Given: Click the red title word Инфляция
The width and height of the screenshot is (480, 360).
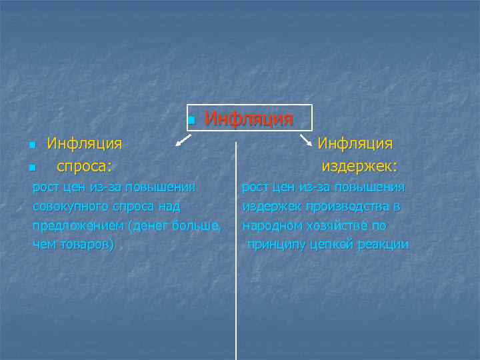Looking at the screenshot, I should (x=249, y=119).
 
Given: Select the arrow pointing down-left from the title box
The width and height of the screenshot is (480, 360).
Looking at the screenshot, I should (x=181, y=139).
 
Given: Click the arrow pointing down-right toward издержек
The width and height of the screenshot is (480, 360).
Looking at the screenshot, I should (x=306, y=140).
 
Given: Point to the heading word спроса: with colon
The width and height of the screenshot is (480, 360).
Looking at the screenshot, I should (x=85, y=165).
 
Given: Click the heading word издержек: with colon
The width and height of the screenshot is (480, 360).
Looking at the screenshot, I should (x=359, y=165).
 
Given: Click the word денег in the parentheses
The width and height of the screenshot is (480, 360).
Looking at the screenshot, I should (x=151, y=225).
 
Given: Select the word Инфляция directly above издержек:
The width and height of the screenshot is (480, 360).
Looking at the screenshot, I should (x=355, y=143).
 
